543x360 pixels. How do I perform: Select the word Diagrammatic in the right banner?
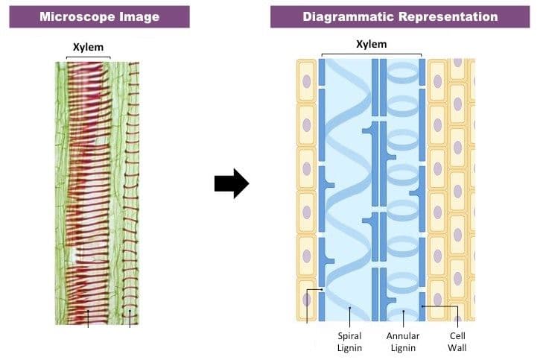pos(348,16)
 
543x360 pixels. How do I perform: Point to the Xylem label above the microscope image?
pos(88,47)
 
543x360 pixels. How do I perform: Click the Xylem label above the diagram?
pos(372,45)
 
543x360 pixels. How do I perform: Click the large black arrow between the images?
pos(232,183)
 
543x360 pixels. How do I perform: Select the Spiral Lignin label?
pos(349,341)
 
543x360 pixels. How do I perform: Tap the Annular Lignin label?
pos(403,341)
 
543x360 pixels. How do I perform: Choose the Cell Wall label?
pos(457,341)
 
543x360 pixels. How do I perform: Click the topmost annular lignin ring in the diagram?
pos(403,73)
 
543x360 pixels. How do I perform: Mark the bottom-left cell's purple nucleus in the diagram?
pos(306,300)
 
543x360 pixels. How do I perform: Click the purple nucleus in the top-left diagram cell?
pos(306,82)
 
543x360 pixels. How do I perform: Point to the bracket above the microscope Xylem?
pos(89,57)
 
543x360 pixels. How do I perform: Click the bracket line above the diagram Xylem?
pos(371,54)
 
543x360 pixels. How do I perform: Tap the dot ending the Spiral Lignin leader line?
pos(350,307)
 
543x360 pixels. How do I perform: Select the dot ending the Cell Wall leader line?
pos(422,306)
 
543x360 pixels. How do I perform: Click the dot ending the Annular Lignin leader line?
pos(404,311)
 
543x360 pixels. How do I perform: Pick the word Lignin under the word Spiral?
pos(349,347)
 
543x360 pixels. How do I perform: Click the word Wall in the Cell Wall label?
pos(457,347)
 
